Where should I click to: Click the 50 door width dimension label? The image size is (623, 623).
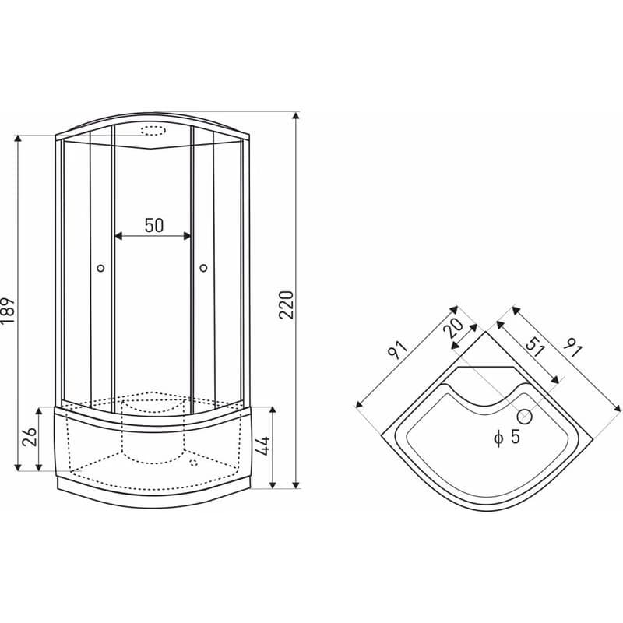153,225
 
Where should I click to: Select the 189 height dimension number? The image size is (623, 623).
8,310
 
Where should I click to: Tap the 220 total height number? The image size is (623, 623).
286,304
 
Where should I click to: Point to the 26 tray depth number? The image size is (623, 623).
30,437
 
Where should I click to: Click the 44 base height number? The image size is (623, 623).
262,445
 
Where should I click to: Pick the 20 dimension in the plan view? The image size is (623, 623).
453,328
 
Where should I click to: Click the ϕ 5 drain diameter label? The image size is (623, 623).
507,437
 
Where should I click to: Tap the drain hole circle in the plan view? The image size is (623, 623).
524,417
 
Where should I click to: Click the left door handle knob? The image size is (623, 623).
100,268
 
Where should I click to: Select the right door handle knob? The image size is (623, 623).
203,268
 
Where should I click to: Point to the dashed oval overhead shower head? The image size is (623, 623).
153,131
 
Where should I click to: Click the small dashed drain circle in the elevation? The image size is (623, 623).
193,463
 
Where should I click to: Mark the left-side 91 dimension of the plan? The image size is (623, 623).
398,350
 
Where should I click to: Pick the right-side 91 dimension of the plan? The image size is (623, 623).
572,347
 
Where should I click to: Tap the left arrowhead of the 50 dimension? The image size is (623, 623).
118,237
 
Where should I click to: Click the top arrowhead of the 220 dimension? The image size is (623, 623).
295,115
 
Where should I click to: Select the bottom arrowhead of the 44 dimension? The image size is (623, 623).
273,484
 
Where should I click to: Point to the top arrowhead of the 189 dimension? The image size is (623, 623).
17,139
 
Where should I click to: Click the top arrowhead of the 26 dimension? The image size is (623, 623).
38,411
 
